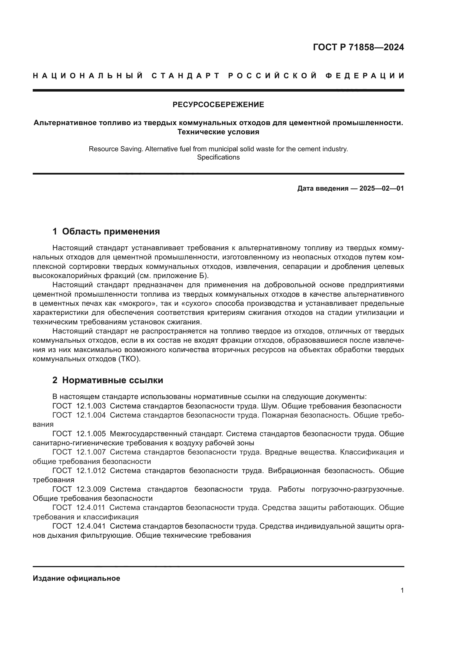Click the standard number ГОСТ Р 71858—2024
tap(358, 47)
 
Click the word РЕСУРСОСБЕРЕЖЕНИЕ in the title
tap(218, 105)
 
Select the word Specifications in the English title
tap(218, 157)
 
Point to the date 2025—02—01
tap(382, 188)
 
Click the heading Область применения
tap(111, 231)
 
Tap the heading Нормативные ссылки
tap(112, 380)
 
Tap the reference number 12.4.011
tap(91, 507)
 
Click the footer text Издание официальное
tap(76, 578)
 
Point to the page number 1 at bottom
tap(402, 590)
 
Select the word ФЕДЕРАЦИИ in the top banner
tap(365, 76)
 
